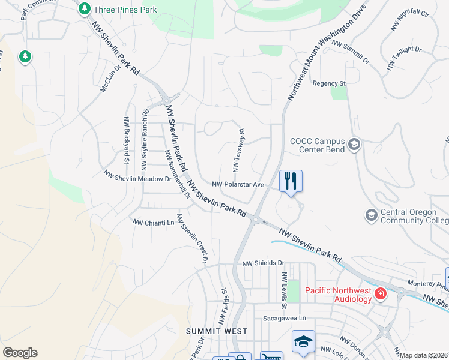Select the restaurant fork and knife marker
(x=291, y=181)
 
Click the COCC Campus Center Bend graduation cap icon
(x=354, y=144)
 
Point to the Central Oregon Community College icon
(x=371, y=214)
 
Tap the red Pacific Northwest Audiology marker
(x=380, y=293)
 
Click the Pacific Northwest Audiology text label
(x=339, y=292)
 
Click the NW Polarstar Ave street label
(x=238, y=184)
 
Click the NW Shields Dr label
(x=263, y=263)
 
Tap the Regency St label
(x=330, y=83)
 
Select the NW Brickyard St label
(x=127, y=140)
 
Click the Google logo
(x=20, y=353)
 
